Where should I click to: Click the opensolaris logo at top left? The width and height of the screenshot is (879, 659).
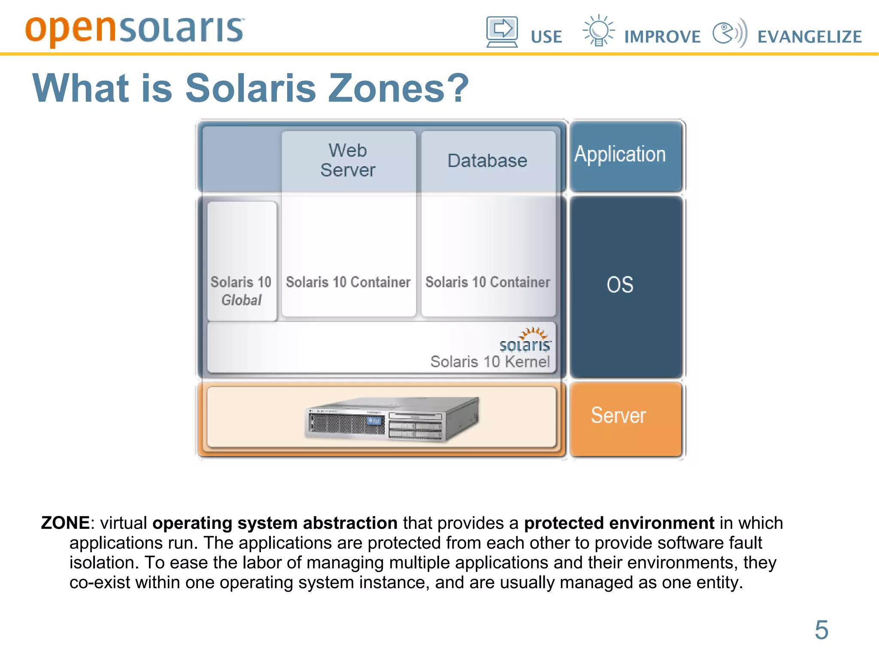[x=134, y=30]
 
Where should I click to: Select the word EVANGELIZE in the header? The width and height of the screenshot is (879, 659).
[x=809, y=37]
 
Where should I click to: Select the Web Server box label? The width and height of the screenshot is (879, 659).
[x=348, y=160]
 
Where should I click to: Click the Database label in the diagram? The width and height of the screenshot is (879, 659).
[x=487, y=161]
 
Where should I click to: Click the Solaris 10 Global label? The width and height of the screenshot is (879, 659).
[x=241, y=291]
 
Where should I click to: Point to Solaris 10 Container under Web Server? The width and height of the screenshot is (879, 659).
[x=348, y=282]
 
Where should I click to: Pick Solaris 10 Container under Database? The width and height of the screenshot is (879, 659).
[x=488, y=282]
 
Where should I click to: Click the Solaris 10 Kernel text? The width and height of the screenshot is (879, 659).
[x=490, y=361]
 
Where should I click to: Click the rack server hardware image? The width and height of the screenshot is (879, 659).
[x=392, y=419]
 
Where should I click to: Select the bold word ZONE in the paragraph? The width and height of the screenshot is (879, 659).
[x=65, y=523]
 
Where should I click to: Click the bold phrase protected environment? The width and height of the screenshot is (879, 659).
[x=619, y=523]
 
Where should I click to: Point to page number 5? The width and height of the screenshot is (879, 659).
[x=821, y=630]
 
